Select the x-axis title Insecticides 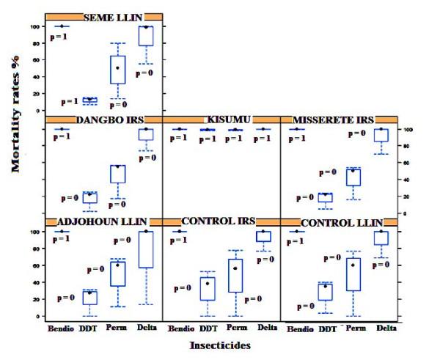coord(221,342)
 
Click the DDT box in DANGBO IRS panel coord(89,197)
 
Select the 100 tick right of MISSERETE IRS coord(413,130)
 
